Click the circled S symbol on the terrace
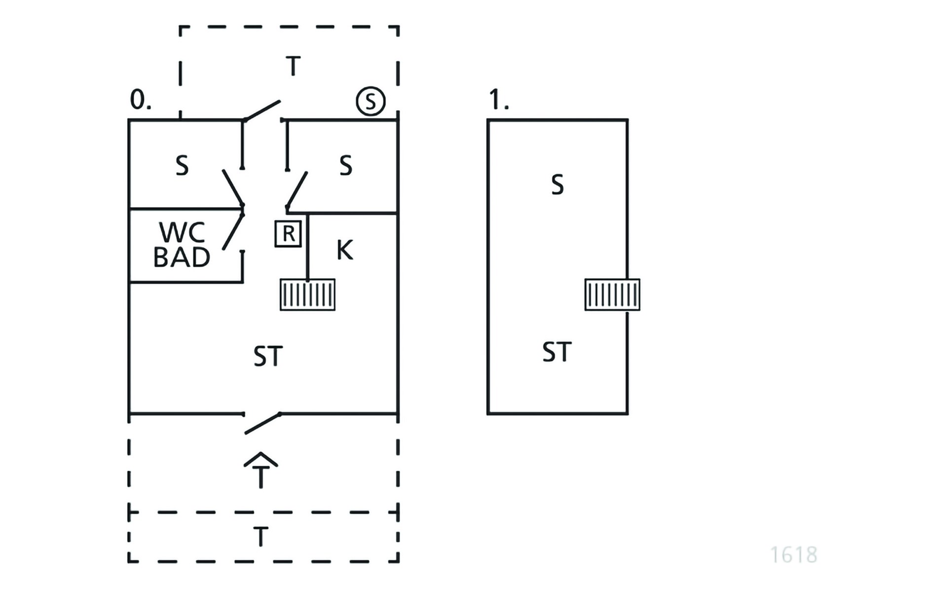[370, 101]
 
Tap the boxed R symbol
[288, 233]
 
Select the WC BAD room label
[182, 244]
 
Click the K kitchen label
[345, 250]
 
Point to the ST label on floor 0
[268, 356]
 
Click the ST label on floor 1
[557, 352]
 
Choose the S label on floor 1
[557, 185]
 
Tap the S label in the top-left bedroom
[182, 166]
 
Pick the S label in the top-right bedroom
[346, 166]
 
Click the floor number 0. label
[141, 100]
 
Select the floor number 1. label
[499, 100]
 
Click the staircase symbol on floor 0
[308, 295]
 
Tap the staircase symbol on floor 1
[613, 295]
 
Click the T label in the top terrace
[293, 66]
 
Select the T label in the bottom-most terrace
[261, 537]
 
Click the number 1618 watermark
[794, 555]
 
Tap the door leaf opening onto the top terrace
[262, 111]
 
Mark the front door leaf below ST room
[263, 424]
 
